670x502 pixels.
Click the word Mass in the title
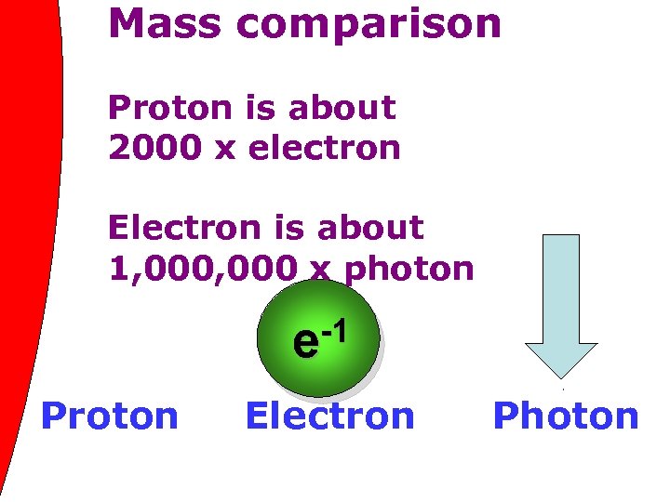pyautogui.click(x=164, y=23)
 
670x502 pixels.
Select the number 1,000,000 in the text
pyautogui.click(x=201, y=269)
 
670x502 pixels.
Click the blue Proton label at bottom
pyautogui.click(x=110, y=416)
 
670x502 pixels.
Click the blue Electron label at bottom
pyautogui.click(x=329, y=416)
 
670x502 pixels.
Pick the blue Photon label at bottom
pyautogui.click(x=566, y=416)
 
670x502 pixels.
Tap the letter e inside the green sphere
pyautogui.click(x=303, y=343)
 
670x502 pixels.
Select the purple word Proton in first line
pyautogui.click(x=168, y=109)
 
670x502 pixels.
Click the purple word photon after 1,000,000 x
pyautogui.click(x=409, y=270)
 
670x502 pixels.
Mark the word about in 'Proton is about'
pyautogui.click(x=342, y=109)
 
